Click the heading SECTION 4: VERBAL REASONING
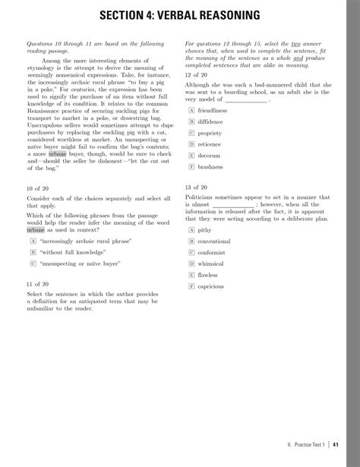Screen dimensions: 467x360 point(180,15)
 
